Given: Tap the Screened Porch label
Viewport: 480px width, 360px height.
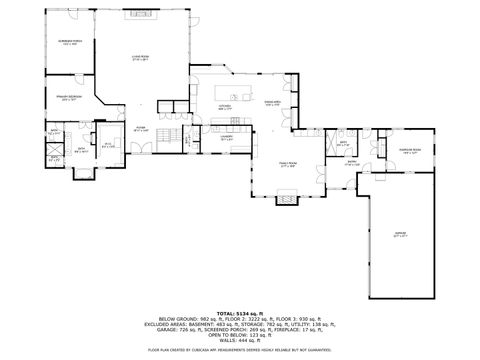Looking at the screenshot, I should click(67, 43).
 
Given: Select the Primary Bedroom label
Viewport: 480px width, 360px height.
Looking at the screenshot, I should click(69, 98).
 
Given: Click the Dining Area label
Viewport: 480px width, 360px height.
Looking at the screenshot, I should click(272, 103).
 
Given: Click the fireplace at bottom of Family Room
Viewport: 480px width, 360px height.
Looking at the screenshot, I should click(285, 200).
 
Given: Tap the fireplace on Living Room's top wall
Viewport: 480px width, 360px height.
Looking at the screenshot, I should click(133, 15).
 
